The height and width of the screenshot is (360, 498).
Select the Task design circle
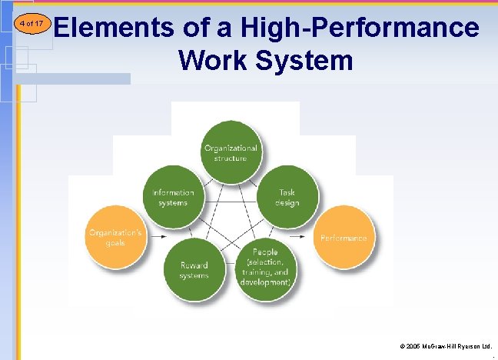tap(287, 197)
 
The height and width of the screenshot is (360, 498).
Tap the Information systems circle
tap(174, 197)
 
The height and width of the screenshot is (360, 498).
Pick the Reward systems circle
tap(194, 269)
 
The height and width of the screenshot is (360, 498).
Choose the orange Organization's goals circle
tap(115, 237)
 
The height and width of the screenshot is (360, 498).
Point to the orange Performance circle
tap(344, 238)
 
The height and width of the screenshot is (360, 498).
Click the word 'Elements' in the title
tap(115, 28)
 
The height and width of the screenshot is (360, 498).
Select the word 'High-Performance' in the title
tap(360, 28)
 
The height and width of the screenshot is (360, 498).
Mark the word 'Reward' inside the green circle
tap(194, 265)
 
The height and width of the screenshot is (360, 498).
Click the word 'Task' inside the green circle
tap(287, 193)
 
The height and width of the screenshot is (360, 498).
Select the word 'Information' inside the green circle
tap(174, 193)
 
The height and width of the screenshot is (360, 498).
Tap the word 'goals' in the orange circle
tap(115, 243)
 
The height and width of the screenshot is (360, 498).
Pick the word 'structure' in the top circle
tap(231, 158)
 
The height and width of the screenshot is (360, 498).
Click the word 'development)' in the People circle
tap(264, 282)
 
